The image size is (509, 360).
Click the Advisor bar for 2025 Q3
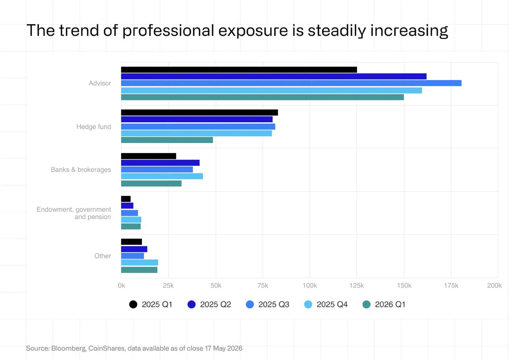pos(291,83)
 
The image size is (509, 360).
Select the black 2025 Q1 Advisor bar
pos(239,70)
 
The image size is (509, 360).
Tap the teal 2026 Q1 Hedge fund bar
pos(167,140)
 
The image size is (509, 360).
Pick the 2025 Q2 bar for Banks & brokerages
pos(160,163)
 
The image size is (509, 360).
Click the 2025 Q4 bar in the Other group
pos(140,263)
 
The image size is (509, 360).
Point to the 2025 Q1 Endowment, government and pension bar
pos(126,199)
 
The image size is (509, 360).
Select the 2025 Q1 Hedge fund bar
pos(199,112)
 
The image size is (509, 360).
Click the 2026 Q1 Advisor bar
pos(262,97)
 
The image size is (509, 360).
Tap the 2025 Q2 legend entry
pos(209,304)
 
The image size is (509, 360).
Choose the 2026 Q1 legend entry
pos(384,304)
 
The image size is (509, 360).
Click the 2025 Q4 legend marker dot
pos(308,304)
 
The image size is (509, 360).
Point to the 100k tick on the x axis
pos(310,285)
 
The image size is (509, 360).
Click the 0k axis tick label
pos(121,285)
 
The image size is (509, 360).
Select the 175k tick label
pos(451,285)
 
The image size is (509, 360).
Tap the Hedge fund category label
pos(93,127)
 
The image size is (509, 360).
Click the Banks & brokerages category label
pos(81,170)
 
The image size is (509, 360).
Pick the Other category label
pos(103,256)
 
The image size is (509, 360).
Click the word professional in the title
pos(168,31)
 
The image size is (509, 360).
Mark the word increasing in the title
pos(409,31)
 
